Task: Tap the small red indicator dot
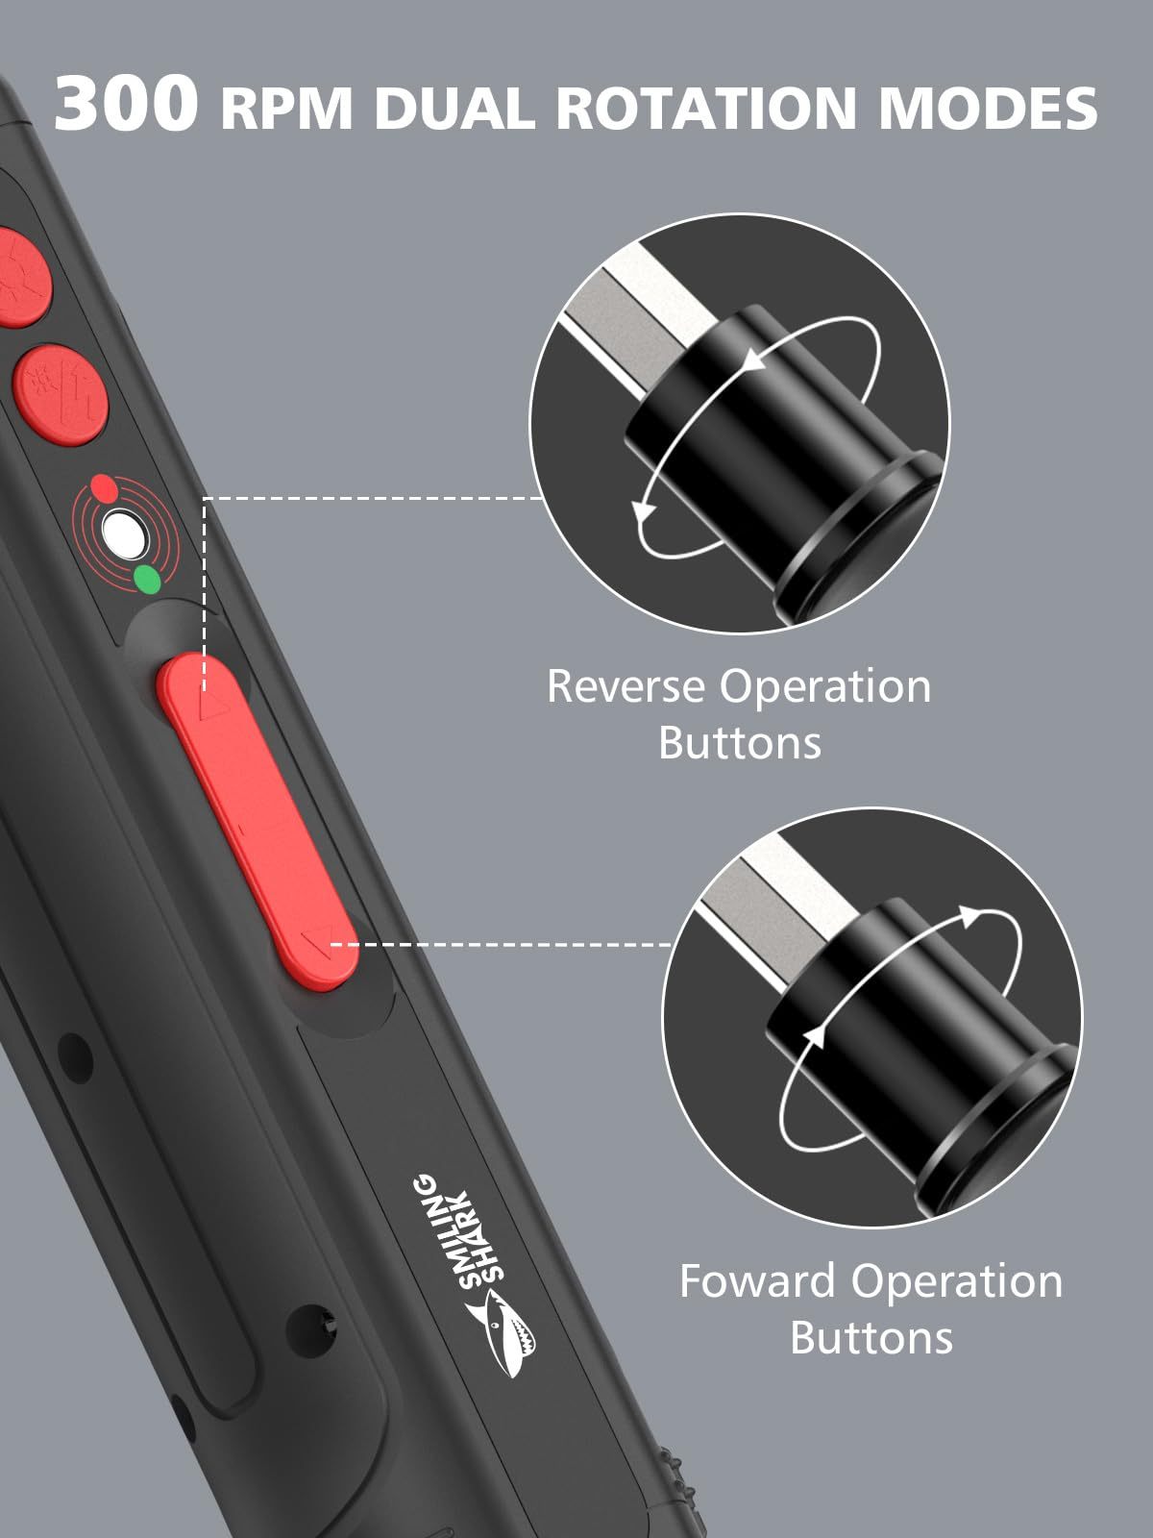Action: [103, 486]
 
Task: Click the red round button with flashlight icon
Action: [61, 394]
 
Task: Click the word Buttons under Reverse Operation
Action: [740, 743]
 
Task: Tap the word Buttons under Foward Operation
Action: [871, 1338]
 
